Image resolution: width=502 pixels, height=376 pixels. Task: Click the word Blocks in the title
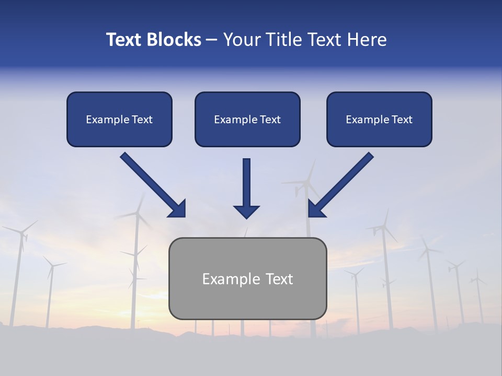pos(175,40)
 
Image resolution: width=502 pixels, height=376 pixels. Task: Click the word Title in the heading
pos(285,40)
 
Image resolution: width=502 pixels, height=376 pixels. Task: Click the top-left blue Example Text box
pos(119,119)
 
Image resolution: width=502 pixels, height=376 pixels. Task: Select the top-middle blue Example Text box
pos(247,119)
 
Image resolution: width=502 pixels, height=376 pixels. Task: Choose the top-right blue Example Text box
pos(379,119)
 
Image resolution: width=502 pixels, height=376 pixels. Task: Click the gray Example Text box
pos(247,278)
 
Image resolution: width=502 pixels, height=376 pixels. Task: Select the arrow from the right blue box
pos(343,183)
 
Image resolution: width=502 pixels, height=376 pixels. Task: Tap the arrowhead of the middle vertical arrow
pos(246,211)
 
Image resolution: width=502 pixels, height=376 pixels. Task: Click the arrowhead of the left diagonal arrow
pos(178,209)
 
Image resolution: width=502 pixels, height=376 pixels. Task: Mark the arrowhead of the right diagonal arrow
pos(316,209)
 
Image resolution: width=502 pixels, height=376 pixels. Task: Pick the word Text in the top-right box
pos(402,120)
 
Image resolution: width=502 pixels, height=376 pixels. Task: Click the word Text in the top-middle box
pos(270,120)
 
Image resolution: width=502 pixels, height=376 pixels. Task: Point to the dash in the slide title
pos(212,40)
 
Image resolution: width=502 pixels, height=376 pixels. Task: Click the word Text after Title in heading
pos(324,40)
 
